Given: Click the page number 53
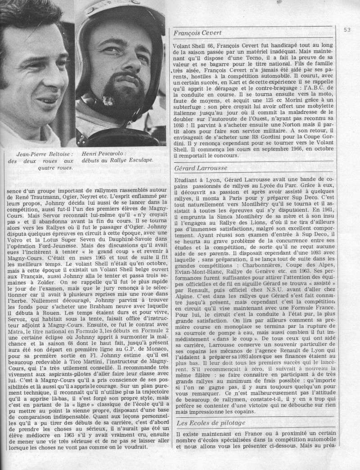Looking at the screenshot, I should click(x=346, y=31).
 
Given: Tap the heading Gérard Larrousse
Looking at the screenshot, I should click(x=199, y=169).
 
